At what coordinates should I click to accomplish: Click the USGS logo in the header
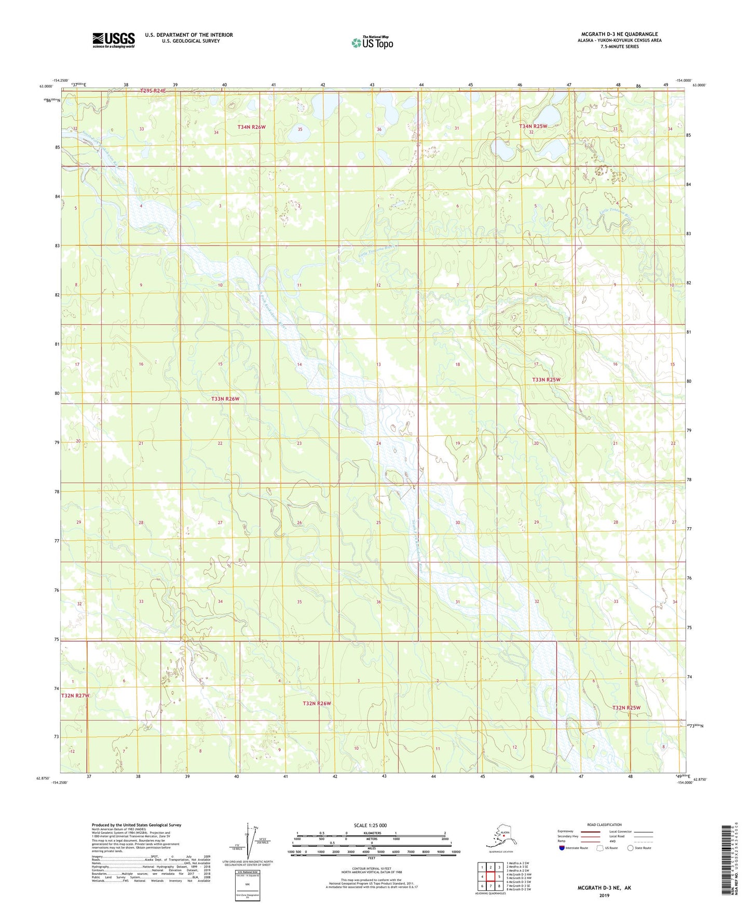(x=113, y=40)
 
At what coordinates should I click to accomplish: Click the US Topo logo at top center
(x=372, y=43)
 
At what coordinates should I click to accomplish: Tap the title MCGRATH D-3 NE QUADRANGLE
(x=619, y=34)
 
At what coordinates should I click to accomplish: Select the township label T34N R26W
(x=252, y=127)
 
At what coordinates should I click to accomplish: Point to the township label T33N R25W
(x=546, y=380)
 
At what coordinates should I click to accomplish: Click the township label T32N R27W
(x=75, y=695)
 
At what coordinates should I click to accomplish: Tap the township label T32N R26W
(x=317, y=704)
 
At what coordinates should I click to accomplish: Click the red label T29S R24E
(x=153, y=91)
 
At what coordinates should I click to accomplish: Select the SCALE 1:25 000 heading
(x=370, y=825)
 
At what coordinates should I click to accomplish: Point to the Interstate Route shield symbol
(x=562, y=848)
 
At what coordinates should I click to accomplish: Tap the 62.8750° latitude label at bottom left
(x=45, y=778)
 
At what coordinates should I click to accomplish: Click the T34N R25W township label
(x=533, y=126)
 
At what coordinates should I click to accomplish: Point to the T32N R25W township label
(x=626, y=708)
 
